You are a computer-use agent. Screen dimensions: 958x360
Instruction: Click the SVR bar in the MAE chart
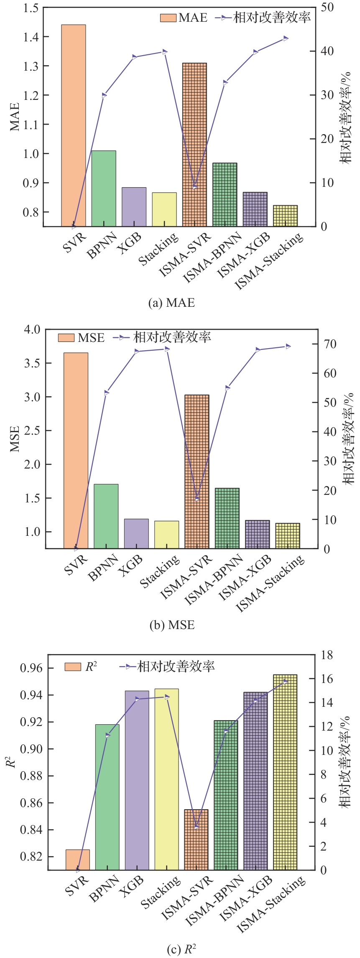[x=73, y=125]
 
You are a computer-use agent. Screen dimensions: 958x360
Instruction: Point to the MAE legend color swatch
[x=168, y=18]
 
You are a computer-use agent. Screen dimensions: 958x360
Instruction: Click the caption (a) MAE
[x=171, y=303]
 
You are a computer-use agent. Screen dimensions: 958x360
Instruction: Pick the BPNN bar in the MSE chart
[x=106, y=516]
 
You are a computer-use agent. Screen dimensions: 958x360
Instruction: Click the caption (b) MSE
[x=172, y=625]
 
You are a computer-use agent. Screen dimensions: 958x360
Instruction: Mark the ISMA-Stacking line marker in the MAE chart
[x=286, y=38]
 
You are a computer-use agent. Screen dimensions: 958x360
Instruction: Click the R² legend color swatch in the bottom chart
[x=73, y=667]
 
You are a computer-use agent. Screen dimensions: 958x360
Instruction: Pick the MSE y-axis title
[x=15, y=439]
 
